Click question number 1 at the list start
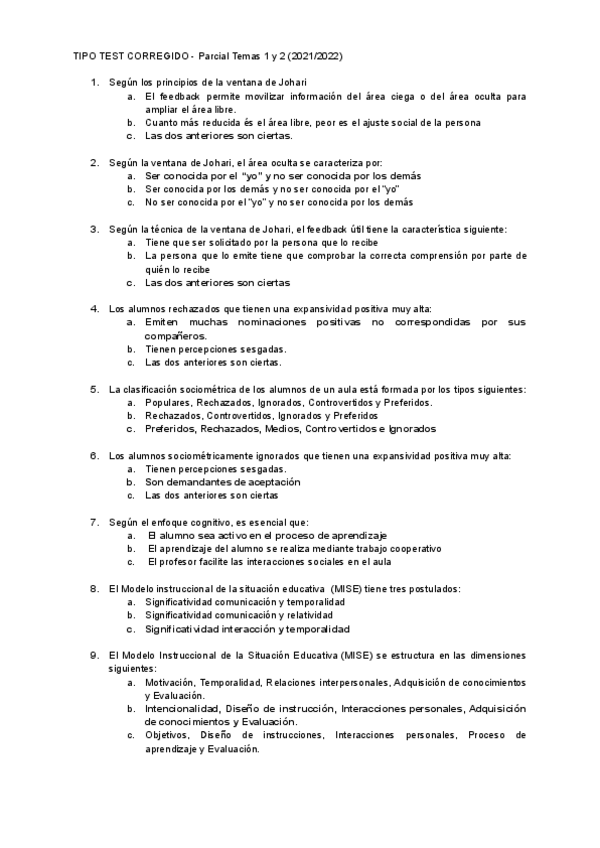pos(94,81)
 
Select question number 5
pos(94,388)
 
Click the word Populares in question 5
pos(169,402)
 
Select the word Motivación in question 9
pos(170,682)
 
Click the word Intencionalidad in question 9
pos(182,708)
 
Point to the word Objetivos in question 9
pos(167,735)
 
